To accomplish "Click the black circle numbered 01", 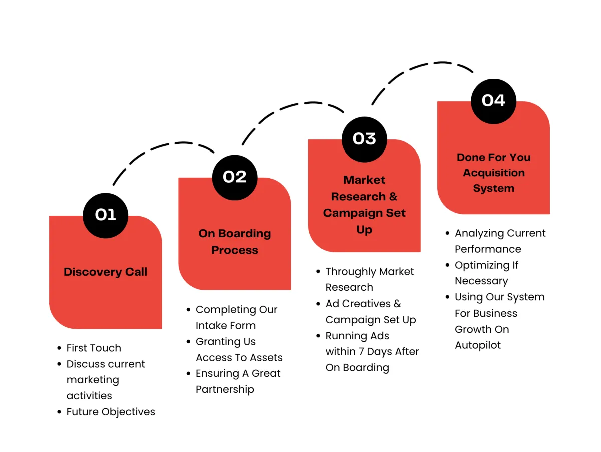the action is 105,215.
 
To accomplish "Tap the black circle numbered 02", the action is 235,178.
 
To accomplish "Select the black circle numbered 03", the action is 364,139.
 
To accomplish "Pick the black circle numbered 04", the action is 493,101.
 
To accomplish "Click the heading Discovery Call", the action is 105,272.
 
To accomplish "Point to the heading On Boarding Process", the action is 235,242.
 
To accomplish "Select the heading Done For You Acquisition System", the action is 493,173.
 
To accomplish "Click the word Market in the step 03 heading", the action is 364,180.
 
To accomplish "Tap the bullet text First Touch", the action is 94,348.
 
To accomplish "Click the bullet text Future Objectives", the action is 111,412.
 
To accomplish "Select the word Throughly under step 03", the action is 350,272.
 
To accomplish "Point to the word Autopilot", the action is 477,345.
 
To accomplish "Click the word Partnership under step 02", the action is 225,389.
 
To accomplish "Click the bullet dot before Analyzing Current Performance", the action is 447,233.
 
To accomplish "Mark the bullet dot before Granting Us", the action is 188,342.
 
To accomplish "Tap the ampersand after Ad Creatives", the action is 397,304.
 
